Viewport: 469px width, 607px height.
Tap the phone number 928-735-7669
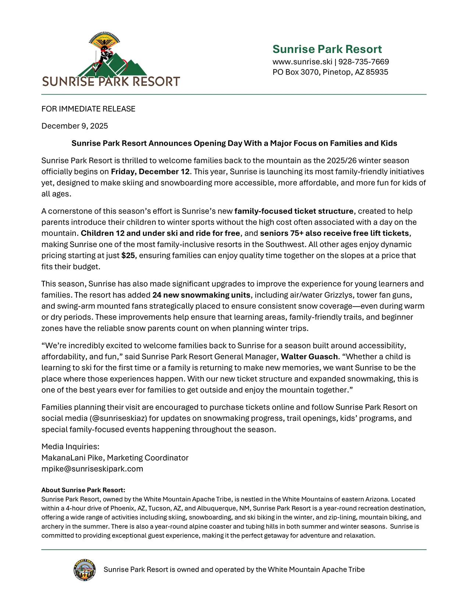(x=363, y=62)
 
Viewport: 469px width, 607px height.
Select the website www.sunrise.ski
(x=302, y=62)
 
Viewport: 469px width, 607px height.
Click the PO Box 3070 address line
(x=330, y=72)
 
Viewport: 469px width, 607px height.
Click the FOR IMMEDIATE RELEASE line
(x=88, y=109)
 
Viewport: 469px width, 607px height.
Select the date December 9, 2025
(x=75, y=126)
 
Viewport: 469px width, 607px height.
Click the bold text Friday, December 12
(x=150, y=172)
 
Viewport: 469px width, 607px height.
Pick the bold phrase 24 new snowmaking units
(x=201, y=295)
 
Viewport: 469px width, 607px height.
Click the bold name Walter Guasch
(x=309, y=357)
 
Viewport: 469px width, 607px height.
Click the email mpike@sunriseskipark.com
(x=92, y=469)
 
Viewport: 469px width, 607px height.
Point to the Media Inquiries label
(x=70, y=447)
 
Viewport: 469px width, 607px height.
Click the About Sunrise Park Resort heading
(x=83, y=490)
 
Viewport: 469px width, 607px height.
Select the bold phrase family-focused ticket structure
(x=294, y=211)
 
